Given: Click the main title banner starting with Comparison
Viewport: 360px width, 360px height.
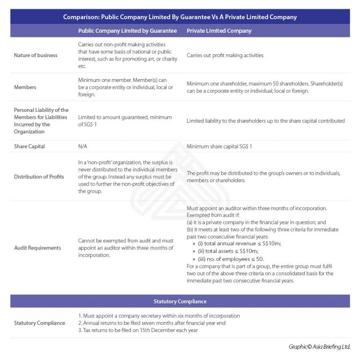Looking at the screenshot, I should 180,17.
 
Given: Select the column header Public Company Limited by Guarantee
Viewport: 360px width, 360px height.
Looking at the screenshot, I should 127,31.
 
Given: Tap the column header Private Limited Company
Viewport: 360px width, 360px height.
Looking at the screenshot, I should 219,31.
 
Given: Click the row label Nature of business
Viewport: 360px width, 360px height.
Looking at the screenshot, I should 36,55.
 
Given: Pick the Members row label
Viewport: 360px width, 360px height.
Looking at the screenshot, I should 25,87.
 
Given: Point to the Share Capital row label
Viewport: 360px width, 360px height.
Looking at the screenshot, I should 30,147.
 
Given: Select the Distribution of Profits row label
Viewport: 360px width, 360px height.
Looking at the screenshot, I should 38,176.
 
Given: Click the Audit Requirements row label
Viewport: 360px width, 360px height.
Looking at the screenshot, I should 37,248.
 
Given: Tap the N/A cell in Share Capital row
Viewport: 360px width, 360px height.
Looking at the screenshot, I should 82,147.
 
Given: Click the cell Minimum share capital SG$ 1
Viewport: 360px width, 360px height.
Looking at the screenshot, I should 219,147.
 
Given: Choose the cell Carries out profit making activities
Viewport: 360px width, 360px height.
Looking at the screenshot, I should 225,55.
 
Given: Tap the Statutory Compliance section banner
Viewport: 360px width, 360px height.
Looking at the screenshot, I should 180,301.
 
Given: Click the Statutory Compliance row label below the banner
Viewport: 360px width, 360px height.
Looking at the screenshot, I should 39,323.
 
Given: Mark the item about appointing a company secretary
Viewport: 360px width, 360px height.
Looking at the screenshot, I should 158,316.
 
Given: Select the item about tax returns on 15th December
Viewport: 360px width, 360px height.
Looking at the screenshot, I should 138,331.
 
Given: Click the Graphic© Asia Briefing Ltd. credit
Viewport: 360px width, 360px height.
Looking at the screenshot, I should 319,347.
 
